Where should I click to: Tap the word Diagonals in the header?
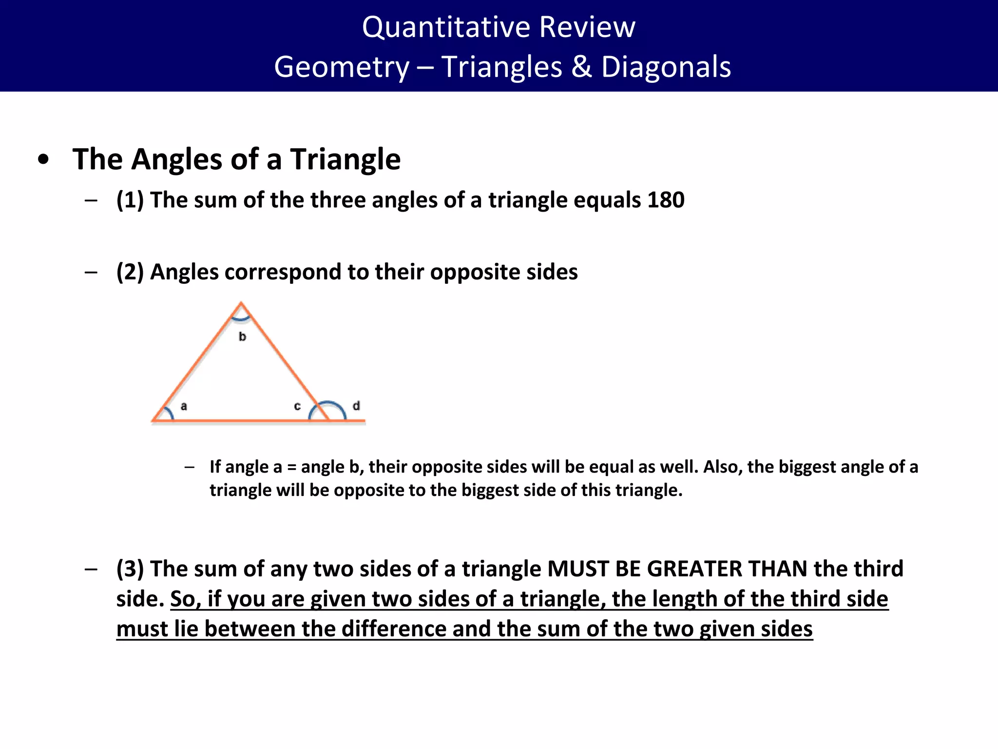[x=666, y=67]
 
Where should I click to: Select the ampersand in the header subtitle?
[x=581, y=67]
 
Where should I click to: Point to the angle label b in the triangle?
[x=242, y=336]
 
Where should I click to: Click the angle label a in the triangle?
[x=184, y=406]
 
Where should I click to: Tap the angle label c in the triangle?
[x=297, y=406]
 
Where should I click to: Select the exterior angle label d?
[x=356, y=406]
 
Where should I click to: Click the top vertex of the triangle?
[x=241, y=303]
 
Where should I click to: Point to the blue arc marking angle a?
[x=169, y=413]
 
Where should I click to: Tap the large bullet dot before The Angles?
[x=43, y=159]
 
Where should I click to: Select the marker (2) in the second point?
[x=130, y=272]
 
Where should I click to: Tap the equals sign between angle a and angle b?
[x=291, y=467]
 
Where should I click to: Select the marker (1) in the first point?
[x=130, y=200]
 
